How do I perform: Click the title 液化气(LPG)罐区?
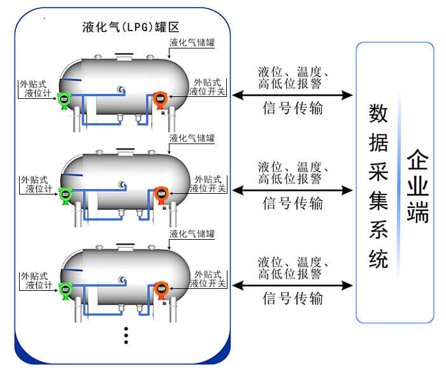(x=131, y=27)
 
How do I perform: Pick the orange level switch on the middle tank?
(x=160, y=195)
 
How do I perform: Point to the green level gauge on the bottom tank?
(x=64, y=289)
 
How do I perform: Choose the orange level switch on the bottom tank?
(x=160, y=288)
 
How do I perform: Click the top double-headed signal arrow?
(x=292, y=95)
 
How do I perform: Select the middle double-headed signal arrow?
(x=292, y=190)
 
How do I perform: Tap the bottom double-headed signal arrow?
(x=292, y=284)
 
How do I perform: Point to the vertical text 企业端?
(x=418, y=186)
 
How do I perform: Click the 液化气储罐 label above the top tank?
(x=192, y=43)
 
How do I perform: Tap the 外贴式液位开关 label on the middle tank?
(x=208, y=184)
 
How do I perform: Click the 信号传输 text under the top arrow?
(x=292, y=108)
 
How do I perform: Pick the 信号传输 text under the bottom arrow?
(x=292, y=298)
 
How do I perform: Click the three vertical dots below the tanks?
(x=126, y=335)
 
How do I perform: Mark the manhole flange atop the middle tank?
(x=126, y=151)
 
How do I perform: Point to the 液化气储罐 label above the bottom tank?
(x=192, y=233)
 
